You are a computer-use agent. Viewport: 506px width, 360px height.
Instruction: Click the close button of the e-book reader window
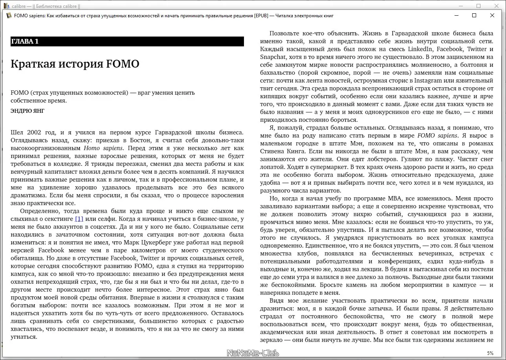pyautogui.click(x=492, y=16)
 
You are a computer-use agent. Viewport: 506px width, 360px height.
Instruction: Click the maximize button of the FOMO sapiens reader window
pyautogui.click(x=474, y=16)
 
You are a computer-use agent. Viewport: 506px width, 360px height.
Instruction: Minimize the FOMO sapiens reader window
pyautogui.click(x=456, y=16)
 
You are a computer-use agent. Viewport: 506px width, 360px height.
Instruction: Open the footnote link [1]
pyautogui.click(x=79, y=219)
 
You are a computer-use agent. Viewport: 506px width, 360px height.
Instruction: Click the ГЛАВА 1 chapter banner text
pyautogui.click(x=25, y=42)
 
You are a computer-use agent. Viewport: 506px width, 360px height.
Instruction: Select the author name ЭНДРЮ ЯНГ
pyautogui.click(x=27, y=111)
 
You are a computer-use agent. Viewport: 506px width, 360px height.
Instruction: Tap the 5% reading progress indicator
pyautogui.click(x=490, y=353)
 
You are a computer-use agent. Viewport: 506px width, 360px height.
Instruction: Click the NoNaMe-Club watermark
pyautogui.click(x=253, y=353)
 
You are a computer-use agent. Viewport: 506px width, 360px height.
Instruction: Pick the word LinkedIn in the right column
pyautogui.click(x=420, y=49)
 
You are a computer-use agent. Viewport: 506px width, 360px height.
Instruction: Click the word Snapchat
pyautogui.click(x=273, y=57)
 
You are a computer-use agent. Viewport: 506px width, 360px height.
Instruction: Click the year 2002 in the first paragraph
pyautogui.click(x=33, y=132)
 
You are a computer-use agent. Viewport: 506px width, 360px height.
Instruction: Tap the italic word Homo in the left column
pyautogui.click(x=92, y=148)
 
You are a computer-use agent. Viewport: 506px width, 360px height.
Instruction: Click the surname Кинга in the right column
pyautogui.click(x=292, y=151)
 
